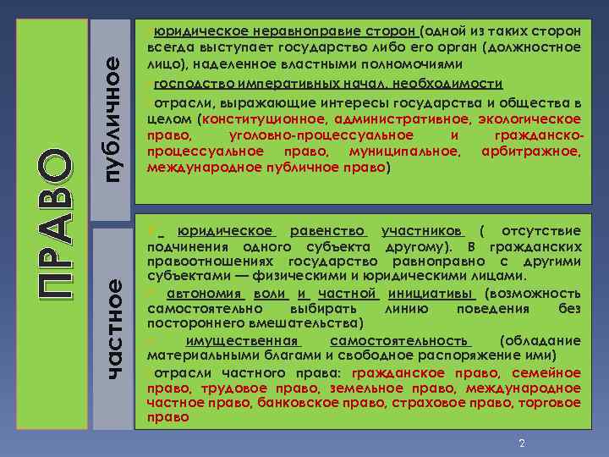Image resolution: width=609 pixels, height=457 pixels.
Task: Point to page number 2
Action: click(522, 443)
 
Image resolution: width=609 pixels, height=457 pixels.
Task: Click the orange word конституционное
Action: click(264, 119)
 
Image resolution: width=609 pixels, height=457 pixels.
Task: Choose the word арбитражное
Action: click(530, 151)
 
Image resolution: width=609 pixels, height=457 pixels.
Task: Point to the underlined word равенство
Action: click(327, 231)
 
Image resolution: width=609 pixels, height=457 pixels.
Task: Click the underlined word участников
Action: click(421, 231)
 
